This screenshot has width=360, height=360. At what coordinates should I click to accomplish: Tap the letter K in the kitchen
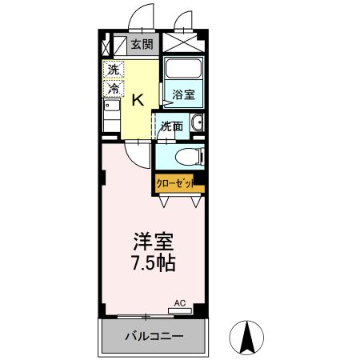[138, 99]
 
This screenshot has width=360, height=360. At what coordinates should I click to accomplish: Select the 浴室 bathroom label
[183, 94]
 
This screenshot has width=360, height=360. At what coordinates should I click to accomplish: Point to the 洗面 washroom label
[170, 126]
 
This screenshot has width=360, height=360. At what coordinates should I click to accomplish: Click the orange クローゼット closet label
[178, 183]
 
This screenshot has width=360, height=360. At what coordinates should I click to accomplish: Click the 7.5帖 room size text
[153, 262]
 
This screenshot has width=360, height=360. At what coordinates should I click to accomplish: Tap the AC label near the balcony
[180, 303]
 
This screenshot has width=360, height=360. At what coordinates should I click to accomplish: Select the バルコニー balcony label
[154, 337]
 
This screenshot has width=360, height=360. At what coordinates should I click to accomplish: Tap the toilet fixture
[186, 156]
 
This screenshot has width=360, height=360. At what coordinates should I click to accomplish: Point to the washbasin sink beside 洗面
[197, 124]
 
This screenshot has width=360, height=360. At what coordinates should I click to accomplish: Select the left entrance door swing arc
[142, 18]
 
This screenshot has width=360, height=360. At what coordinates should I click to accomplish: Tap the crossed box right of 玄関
[183, 43]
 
